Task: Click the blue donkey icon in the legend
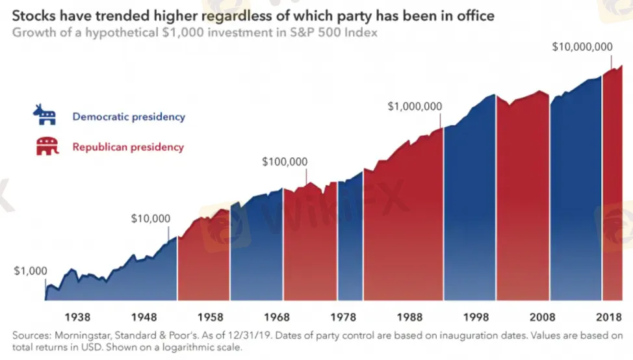(45, 115)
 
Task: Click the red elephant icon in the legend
(47, 146)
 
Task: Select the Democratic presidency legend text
(129, 116)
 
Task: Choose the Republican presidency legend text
(128, 147)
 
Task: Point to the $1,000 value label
(31, 271)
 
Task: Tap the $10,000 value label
(151, 219)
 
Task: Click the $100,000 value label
(285, 162)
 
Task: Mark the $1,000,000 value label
(415, 107)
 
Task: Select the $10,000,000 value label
(582, 47)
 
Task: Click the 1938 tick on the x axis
(77, 317)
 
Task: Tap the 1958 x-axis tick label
(211, 317)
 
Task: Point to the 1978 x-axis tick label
(343, 317)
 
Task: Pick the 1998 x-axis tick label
(476, 317)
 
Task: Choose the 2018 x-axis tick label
(609, 317)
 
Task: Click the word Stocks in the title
(34, 16)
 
